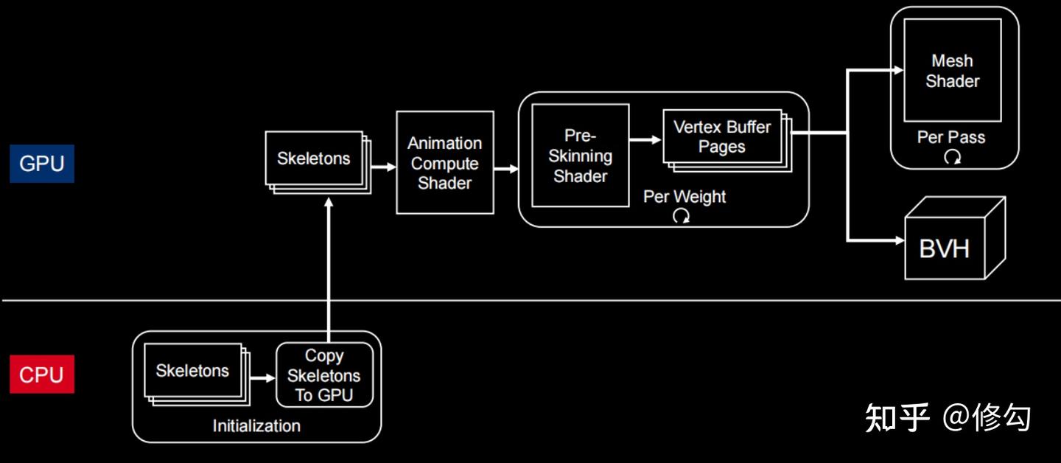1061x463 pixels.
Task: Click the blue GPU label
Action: pos(41,164)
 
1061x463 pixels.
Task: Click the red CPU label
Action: pos(41,375)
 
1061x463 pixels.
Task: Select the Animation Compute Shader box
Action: pos(444,163)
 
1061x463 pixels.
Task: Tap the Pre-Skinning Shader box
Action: pos(580,156)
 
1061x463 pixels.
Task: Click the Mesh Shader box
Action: pos(952,71)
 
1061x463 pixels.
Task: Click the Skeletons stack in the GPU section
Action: pos(314,159)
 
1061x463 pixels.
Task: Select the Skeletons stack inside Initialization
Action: pos(192,371)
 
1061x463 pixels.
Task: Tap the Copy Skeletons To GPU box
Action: pos(324,375)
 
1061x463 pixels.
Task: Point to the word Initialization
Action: pos(256,426)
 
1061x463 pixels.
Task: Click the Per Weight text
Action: pos(684,197)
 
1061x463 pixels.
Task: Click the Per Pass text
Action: pos(950,137)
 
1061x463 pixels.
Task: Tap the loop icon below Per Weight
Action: pos(682,216)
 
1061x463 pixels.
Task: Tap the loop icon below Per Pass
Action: pos(952,156)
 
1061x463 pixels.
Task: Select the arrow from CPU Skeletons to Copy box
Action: pos(262,377)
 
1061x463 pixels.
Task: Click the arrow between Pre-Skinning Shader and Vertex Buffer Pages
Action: pos(645,139)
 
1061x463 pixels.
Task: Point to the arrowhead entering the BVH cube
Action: pos(898,240)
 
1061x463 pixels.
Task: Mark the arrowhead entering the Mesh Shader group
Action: pos(898,70)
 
